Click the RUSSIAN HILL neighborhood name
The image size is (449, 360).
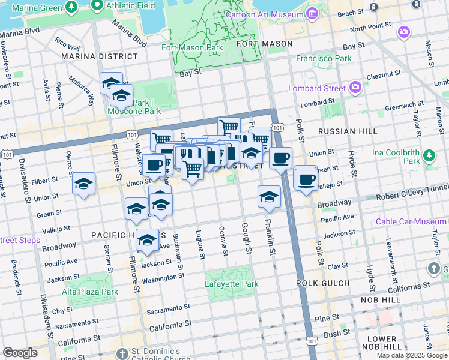point(348,131)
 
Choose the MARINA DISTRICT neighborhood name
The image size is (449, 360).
point(100,56)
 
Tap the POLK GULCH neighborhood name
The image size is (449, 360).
point(322,283)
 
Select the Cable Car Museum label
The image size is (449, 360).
point(411,221)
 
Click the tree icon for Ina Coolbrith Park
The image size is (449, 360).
point(429,156)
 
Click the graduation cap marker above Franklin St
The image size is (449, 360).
point(270,197)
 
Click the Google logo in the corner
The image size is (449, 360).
point(20,353)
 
